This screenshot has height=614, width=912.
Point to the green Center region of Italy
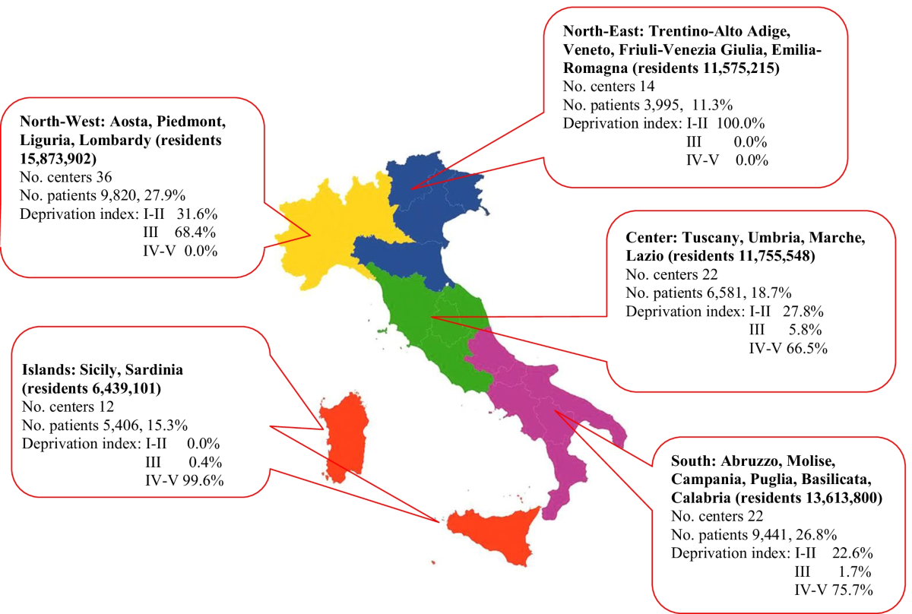[426, 312]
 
